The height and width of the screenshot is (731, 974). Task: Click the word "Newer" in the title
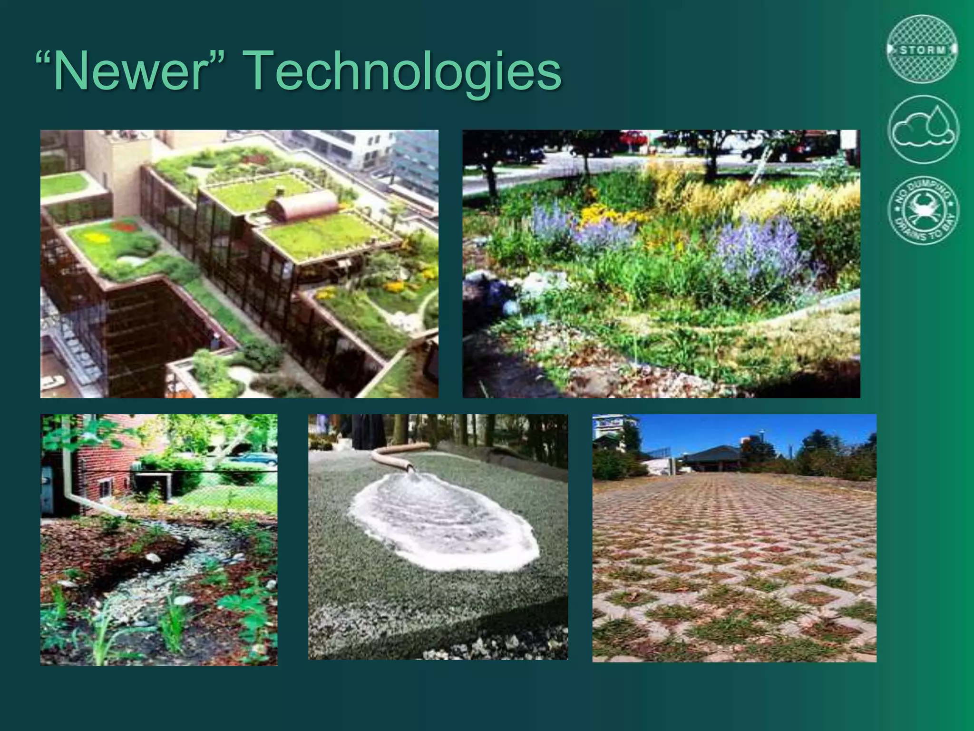pos(128,71)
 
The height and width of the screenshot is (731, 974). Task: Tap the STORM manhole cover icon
pos(923,49)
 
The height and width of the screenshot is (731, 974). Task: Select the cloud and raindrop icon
pos(923,129)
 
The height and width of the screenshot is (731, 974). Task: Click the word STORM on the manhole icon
pos(923,49)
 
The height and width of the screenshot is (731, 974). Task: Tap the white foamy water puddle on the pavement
pos(445,524)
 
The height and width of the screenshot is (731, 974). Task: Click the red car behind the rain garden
pos(633,138)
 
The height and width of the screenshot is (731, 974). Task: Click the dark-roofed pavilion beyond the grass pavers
pos(713,457)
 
